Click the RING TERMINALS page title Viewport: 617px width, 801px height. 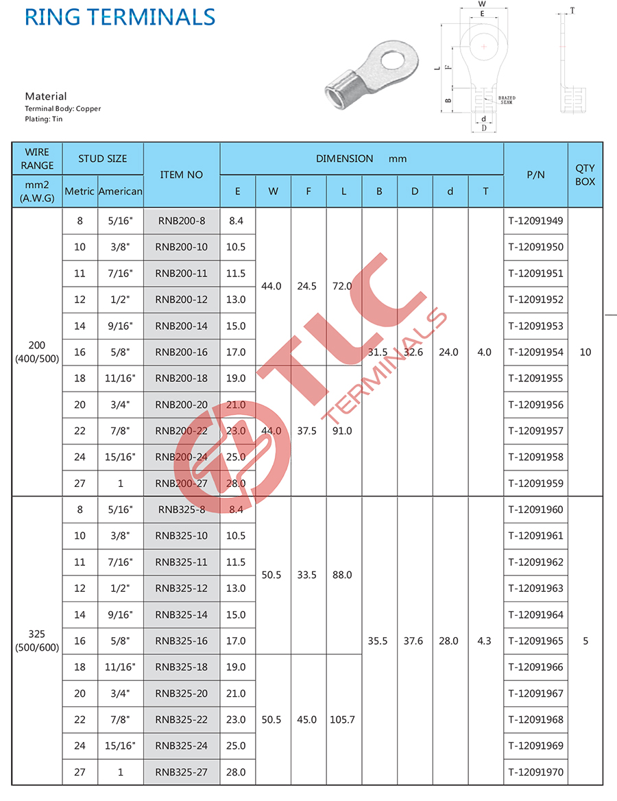click(x=120, y=16)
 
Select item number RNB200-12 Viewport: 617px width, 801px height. click(x=182, y=300)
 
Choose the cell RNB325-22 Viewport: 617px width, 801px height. click(x=182, y=719)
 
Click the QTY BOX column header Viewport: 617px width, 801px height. click(x=585, y=175)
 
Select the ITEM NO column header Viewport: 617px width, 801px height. click(x=182, y=175)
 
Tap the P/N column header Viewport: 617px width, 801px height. click(x=535, y=175)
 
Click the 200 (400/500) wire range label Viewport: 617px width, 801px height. click(x=37, y=352)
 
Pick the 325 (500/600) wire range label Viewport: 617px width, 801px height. click(x=37, y=641)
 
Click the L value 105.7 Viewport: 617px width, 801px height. click(x=343, y=719)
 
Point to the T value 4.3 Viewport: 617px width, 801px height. click(x=485, y=641)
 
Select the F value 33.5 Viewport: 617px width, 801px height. click(x=308, y=575)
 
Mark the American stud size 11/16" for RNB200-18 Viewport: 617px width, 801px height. click(x=121, y=379)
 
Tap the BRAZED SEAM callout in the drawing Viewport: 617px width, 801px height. click(x=506, y=100)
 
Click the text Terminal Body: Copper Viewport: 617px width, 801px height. click(x=62, y=109)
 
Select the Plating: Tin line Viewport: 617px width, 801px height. click(x=43, y=119)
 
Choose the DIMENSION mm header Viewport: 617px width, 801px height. click(x=361, y=159)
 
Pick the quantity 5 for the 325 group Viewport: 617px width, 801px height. click(x=585, y=641)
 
